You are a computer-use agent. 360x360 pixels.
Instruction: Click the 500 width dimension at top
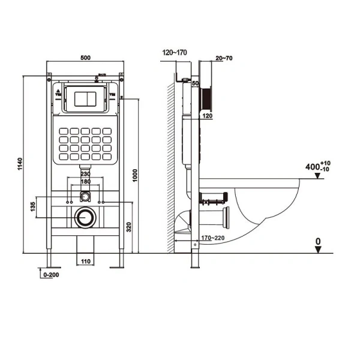click(x=85, y=59)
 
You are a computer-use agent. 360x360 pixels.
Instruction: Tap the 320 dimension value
click(x=128, y=227)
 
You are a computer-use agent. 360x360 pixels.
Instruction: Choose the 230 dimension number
click(x=86, y=175)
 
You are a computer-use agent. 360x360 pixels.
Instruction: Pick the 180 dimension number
click(x=86, y=182)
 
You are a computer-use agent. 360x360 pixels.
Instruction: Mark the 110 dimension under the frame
click(x=85, y=262)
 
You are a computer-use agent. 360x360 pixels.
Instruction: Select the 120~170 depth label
click(x=175, y=53)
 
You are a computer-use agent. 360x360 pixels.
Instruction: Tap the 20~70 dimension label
click(x=224, y=58)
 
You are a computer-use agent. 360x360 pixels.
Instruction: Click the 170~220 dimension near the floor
click(x=213, y=238)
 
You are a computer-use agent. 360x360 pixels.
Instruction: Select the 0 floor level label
click(x=319, y=242)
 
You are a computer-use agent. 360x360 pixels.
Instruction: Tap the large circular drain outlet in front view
click(x=85, y=217)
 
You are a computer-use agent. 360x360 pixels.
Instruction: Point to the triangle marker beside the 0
click(x=319, y=250)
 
